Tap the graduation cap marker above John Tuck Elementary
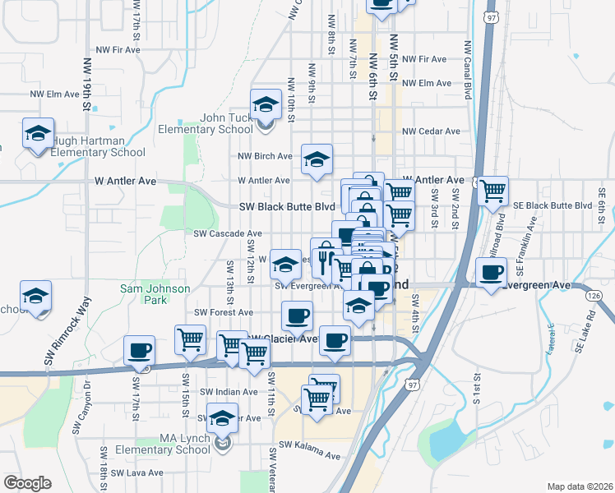click(266, 105)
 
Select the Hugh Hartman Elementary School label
click(99, 146)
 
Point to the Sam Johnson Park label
click(155, 294)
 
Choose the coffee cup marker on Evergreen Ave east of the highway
click(492, 274)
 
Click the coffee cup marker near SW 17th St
click(139, 352)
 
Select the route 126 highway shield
click(595, 295)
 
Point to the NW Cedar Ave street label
click(431, 131)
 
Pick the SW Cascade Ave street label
click(227, 233)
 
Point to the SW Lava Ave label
click(137, 473)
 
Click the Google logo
click(27, 483)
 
